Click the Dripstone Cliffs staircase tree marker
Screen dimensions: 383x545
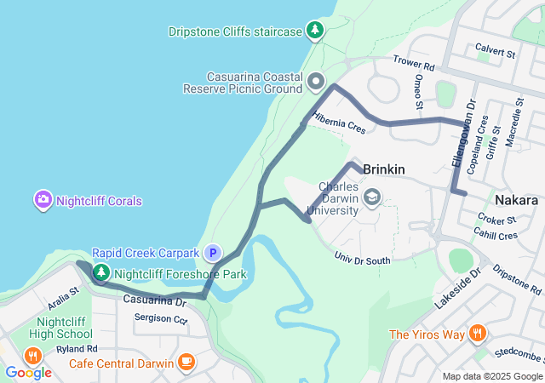[316, 31]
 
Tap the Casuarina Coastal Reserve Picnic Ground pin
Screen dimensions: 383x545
[317, 82]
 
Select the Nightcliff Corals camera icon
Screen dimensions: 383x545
[43, 201]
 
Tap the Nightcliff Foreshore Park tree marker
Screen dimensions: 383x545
[101, 273]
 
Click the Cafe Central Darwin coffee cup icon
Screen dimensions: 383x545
[186, 363]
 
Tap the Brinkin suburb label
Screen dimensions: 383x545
[383, 170]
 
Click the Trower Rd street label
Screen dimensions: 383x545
[414, 63]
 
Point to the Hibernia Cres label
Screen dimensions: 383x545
[338, 123]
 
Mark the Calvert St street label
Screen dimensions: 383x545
[496, 51]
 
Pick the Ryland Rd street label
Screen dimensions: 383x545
[78, 349]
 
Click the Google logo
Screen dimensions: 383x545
[28, 372]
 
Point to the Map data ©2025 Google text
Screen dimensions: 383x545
[491, 376]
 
